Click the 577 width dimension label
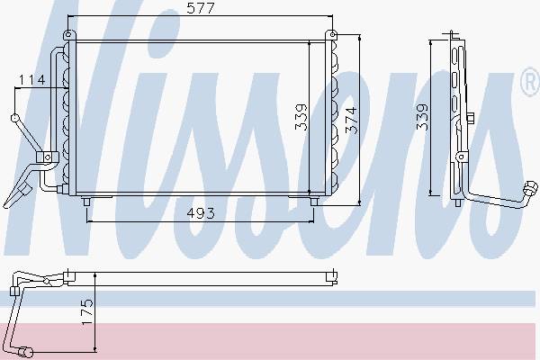click(201, 8)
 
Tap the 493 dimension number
click(201, 213)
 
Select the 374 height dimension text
click(351, 120)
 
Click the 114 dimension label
click(31, 80)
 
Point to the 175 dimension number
click(87, 311)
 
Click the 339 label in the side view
click(422, 117)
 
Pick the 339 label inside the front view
click(301, 117)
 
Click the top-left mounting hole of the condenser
click(67, 34)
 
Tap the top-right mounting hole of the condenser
click(332, 34)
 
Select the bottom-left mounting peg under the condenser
click(86, 202)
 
